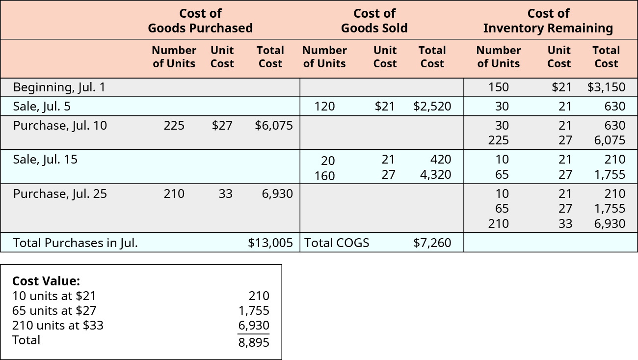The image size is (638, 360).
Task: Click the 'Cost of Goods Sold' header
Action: (x=374, y=21)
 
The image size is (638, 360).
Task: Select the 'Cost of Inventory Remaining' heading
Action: (x=548, y=21)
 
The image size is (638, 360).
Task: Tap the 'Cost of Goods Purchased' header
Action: (x=200, y=21)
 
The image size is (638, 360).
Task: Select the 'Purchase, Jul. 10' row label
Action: (x=60, y=125)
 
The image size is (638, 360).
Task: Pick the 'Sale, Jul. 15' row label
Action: (x=45, y=159)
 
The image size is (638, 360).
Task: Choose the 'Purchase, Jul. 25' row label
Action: (x=60, y=194)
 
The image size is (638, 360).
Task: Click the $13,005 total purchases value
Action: (x=270, y=243)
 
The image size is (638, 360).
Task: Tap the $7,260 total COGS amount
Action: (x=432, y=243)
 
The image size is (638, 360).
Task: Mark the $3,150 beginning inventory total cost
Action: (x=606, y=87)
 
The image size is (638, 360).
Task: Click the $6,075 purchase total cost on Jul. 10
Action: (x=274, y=125)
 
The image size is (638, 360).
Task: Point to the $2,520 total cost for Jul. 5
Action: (x=432, y=106)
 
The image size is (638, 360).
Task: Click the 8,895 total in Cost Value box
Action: (x=254, y=342)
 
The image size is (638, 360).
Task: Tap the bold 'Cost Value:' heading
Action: (x=46, y=281)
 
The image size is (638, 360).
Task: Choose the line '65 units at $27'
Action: (x=54, y=310)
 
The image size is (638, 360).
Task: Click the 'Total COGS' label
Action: (x=337, y=243)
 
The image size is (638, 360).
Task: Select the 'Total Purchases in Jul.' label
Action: (x=75, y=243)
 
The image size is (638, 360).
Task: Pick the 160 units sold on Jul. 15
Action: (x=324, y=175)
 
